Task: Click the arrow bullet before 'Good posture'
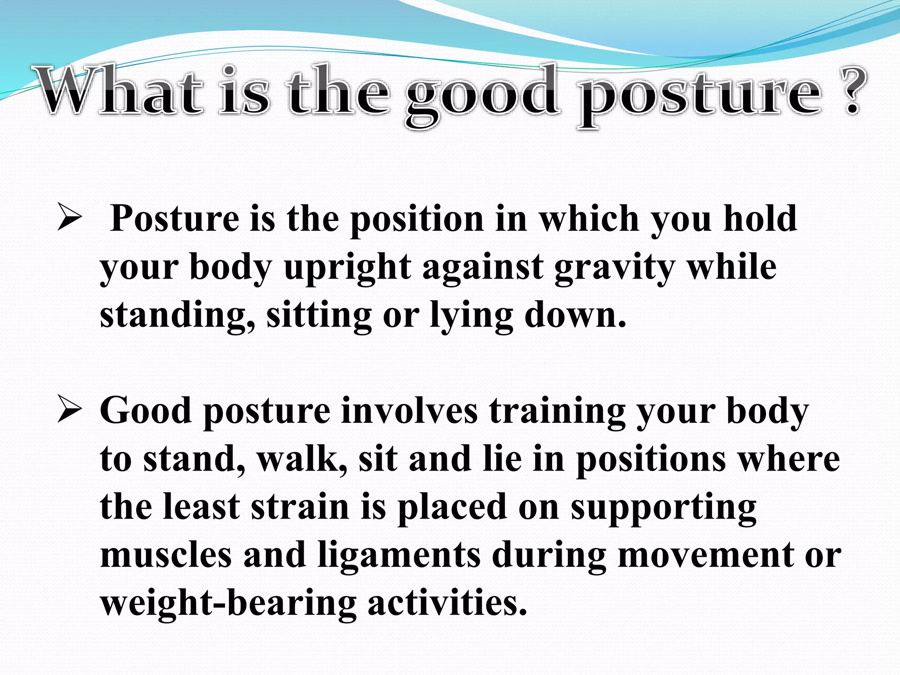point(69,411)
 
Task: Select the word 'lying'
point(471,316)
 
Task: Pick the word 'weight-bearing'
point(228,603)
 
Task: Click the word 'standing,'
point(177,316)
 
